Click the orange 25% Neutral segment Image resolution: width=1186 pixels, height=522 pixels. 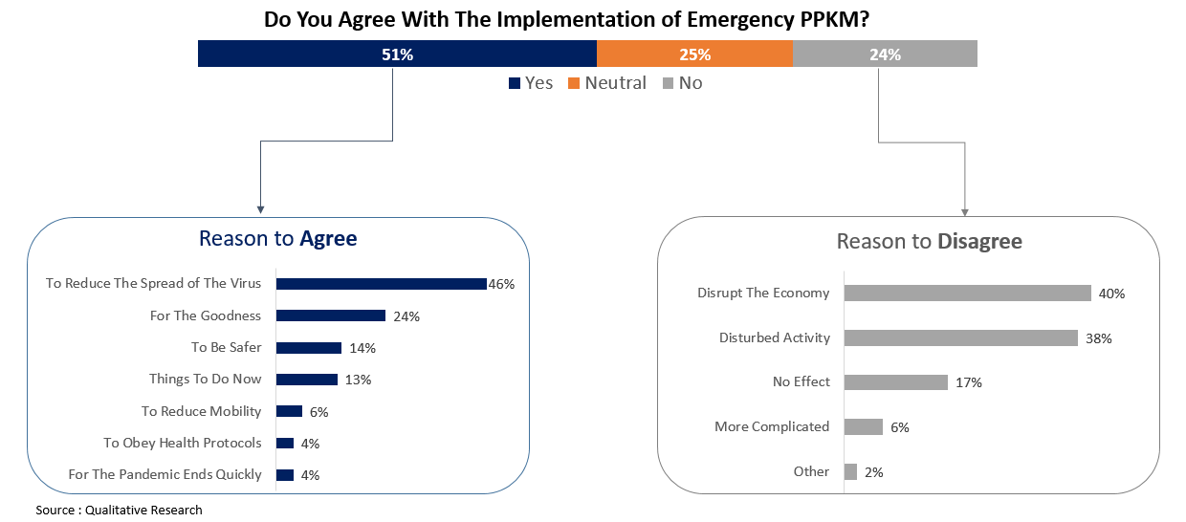tap(695, 54)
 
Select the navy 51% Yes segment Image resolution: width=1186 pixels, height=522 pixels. tap(397, 54)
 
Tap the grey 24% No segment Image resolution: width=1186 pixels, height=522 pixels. tap(885, 54)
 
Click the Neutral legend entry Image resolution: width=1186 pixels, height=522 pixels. tap(607, 83)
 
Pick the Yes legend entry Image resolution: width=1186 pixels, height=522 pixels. tap(531, 83)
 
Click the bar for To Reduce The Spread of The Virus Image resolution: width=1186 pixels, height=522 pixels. tap(382, 284)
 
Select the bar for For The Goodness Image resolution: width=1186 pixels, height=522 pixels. tap(331, 315)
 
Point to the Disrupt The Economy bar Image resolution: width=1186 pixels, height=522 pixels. tap(967, 294)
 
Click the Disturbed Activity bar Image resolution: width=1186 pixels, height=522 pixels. tap(961, 337)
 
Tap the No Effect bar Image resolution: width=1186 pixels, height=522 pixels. tap(896, 382)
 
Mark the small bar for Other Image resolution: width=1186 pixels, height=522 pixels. tap(850, 471)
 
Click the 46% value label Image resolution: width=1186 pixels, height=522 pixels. tap(502, 284)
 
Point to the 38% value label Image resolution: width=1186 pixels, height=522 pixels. tap(1099, 338)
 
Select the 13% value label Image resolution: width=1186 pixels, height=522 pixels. tap(358, 380)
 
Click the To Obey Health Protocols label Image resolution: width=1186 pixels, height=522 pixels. tap(183, 443)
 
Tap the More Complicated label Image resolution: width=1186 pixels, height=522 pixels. tap(772, 426)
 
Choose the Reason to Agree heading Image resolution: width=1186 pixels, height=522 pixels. tap(277, 238)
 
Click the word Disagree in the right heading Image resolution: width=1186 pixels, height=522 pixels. tap(979, 242)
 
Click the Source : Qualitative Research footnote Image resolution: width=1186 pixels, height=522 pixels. tap(120, 510)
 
